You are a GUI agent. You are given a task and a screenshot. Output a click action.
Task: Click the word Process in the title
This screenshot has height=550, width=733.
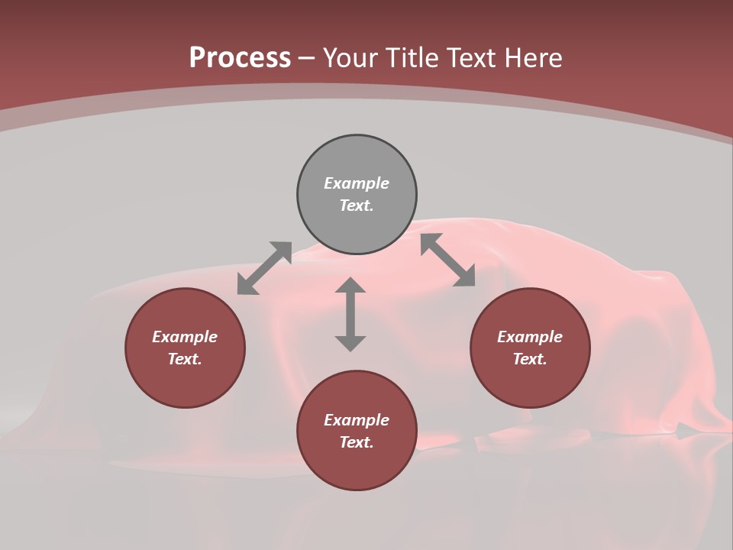pos(240,58)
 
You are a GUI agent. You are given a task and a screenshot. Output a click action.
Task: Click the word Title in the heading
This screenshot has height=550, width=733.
pos(411,58)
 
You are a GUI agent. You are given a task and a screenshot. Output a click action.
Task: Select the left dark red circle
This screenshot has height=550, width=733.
pos(185,382)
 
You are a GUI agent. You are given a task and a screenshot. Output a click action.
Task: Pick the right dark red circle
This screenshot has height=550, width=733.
pos(530,382)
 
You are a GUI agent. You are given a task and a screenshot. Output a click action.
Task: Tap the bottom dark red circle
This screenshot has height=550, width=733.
pos(357,466)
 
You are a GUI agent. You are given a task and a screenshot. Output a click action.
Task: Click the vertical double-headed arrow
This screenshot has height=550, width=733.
pos(350,314)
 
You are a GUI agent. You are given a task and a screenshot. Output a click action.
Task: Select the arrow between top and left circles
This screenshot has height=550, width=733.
pos(264,268)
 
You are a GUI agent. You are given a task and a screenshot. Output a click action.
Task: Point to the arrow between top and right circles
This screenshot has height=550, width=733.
pos(447,260)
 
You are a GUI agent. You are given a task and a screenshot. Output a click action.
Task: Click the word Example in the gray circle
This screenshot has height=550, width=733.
pos(357,183)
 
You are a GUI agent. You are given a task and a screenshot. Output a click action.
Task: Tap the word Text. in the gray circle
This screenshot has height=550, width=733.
pos(357,205)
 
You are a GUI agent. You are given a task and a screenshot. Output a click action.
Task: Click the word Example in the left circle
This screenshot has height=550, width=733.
pos(185,337)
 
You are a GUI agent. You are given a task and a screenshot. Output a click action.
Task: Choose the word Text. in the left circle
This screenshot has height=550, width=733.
pos(185,359)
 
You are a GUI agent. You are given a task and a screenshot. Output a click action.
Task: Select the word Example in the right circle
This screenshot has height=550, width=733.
pos(530,337)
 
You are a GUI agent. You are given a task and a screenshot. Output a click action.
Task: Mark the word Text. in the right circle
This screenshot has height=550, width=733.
pos(530,359)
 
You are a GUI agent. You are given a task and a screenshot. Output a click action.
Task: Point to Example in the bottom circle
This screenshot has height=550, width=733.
pos(357,420)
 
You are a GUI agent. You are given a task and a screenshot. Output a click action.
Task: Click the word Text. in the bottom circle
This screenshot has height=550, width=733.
pos(357,442)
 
